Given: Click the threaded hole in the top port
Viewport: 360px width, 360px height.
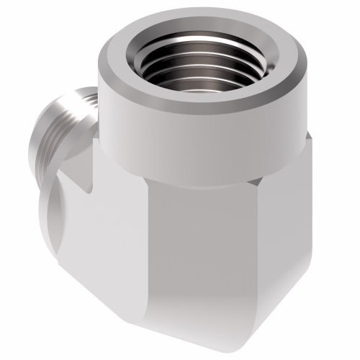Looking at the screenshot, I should coord(194,61).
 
